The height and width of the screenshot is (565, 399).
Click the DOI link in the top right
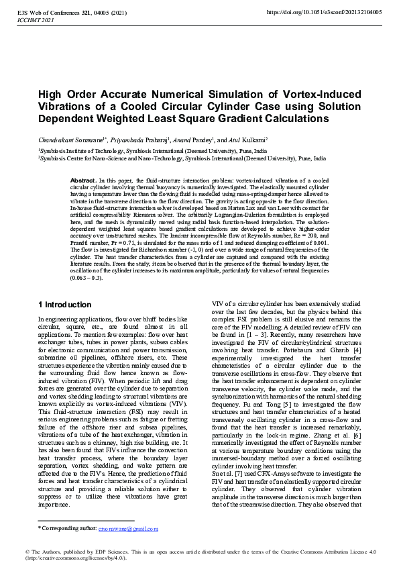(x=324, y=12)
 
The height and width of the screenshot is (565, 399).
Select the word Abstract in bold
(x=83, y=181)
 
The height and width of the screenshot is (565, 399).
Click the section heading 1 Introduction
(x=64, y=305)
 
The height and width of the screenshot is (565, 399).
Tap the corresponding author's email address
(x=128, y=528)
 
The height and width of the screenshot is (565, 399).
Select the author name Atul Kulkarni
(x=241, y=140)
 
